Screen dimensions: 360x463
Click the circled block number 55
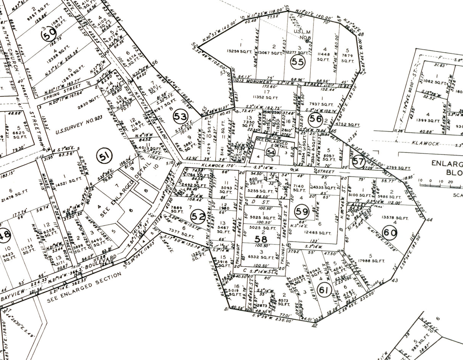point(297,62)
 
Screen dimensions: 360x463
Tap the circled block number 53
point(180,117)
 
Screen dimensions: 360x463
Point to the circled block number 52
point(198,217)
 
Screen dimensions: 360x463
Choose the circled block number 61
point(324,291)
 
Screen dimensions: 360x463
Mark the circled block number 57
point(359,162)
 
